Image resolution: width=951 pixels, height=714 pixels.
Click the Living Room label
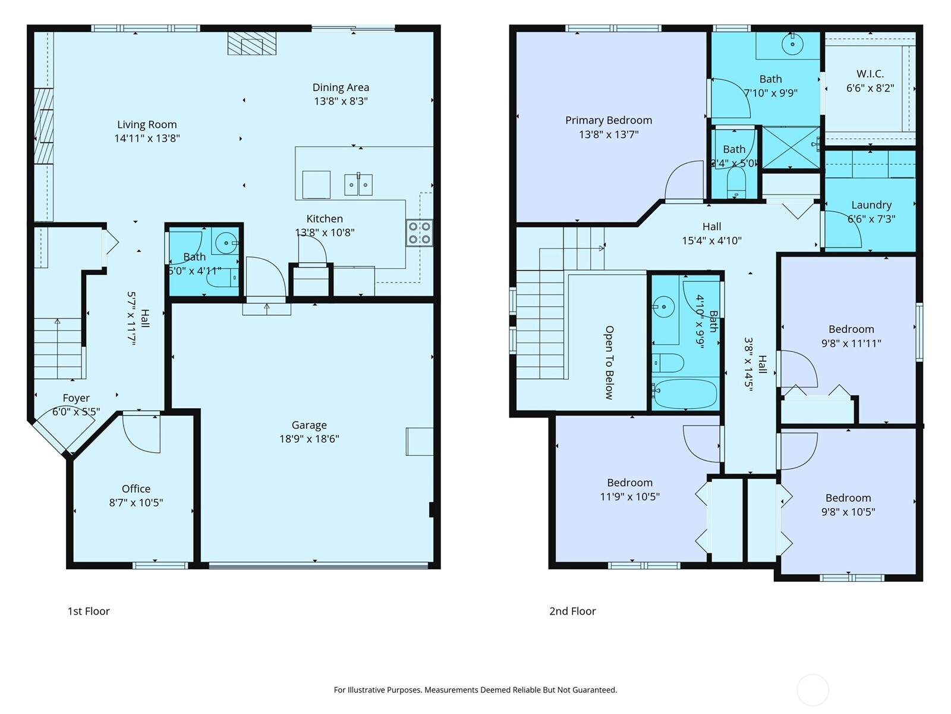point(147,124)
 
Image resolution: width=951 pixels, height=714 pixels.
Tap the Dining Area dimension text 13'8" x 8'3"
point(341,101)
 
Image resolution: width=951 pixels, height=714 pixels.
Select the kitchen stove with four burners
point(419,233)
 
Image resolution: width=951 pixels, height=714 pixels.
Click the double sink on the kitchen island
point(358,184)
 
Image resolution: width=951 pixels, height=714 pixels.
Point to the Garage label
point(309,425)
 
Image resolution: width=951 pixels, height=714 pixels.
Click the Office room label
point(136,488)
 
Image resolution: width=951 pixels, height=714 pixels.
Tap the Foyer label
point(76,398)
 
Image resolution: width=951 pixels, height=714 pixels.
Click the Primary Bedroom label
point(609,120)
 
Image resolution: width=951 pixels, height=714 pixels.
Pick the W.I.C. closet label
point(870,74)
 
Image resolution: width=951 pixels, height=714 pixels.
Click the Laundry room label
point(871,205)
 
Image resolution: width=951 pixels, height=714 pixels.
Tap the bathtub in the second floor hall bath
point(685,393)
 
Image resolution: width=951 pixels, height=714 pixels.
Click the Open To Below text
point(609,362)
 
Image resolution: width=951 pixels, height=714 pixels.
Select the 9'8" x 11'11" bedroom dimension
point(851,343)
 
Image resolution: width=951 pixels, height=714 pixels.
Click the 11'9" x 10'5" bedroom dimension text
point(629,496)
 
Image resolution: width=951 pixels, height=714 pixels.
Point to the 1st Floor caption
point(89,611)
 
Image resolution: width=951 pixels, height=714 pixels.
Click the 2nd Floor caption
point(572,611)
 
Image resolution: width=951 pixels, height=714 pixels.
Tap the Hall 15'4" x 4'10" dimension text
point(711,241)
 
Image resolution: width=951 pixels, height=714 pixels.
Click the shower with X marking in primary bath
point(791,147)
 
